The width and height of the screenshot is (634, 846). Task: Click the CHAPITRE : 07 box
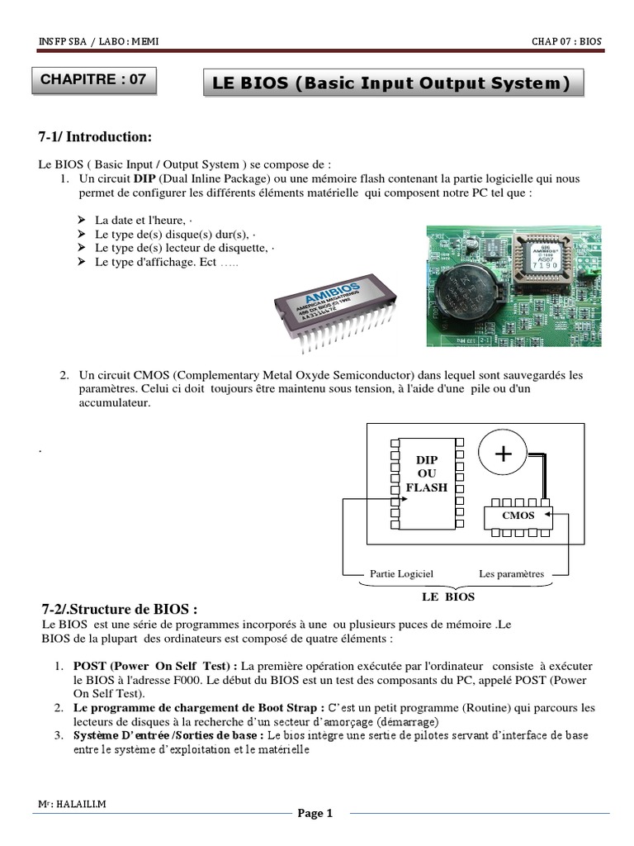click(93, 80)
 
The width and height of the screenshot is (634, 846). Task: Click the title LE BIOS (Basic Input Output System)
click(391, 83)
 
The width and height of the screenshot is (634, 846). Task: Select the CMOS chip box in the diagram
click(518, 516)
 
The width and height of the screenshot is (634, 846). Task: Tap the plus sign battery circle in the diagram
click(503, 454)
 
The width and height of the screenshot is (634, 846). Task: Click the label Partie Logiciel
click(401, 573)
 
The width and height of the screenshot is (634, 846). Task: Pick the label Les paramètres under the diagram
click(512, 573)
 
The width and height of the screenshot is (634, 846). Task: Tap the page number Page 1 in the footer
click(315, 814)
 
